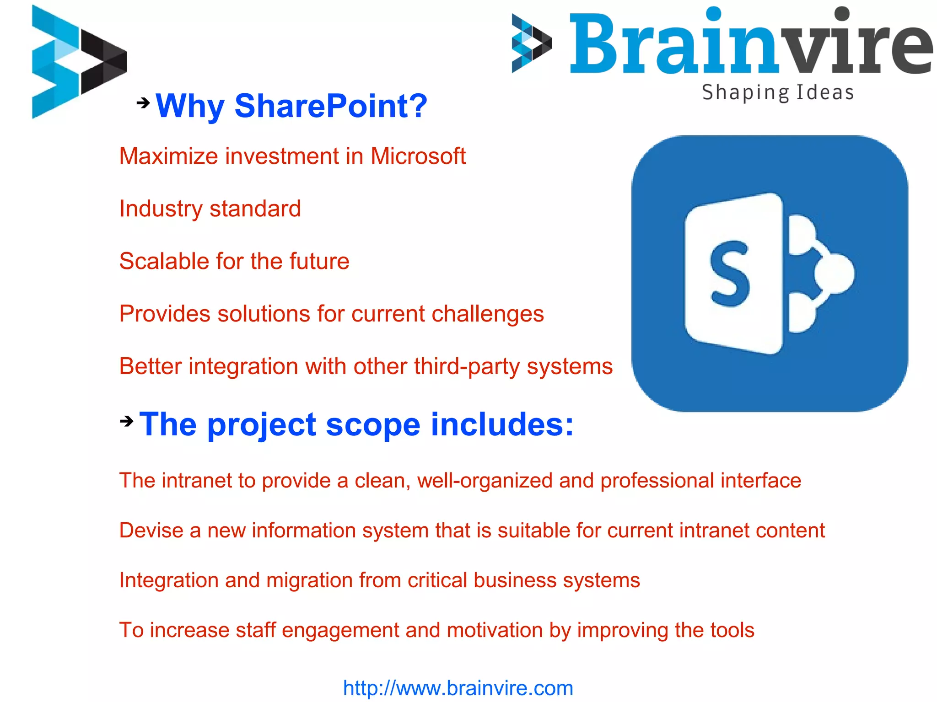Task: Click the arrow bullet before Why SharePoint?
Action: pyautogui.click(x=143, y=103)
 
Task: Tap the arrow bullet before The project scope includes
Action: pyautogui.click(x=126, y=421)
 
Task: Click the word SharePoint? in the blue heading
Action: pyautogui.click(x=331, y=106)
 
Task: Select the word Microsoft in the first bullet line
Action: pyautogui.click(x=418, y=156)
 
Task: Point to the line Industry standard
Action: pyautogui.click(x=210, y=209)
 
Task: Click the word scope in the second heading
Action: pyautogui.click(x=372, y=425)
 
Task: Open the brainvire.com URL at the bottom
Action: pyautogui.click(x=458, y=688)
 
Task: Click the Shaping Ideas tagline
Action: pyautogui.click(x=778, y=92)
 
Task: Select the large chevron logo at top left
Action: pyautogui.click(x=78, y=62)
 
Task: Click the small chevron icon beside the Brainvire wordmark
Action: pyautogui.click(x=531, y=43)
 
